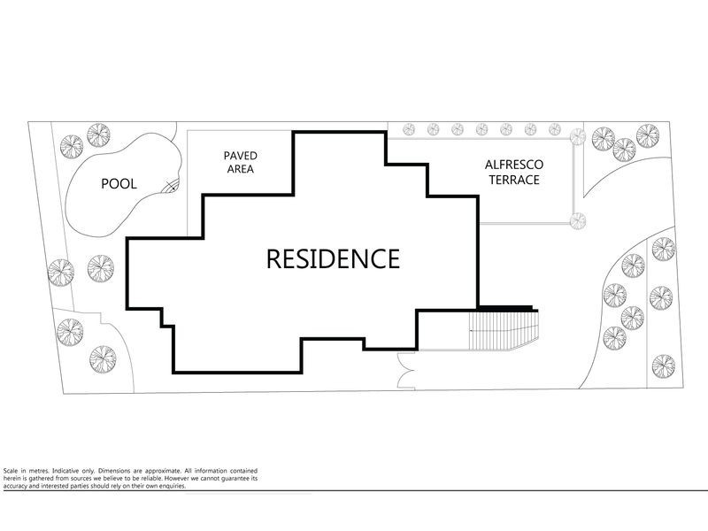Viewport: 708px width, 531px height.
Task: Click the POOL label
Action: tap(118, 184)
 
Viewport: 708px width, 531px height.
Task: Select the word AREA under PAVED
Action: tap(240, 168)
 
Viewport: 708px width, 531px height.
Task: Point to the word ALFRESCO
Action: tap(513, 165)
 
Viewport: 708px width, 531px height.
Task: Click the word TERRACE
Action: tap(513, 181)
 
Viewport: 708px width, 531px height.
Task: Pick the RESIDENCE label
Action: tap(333, 259)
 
